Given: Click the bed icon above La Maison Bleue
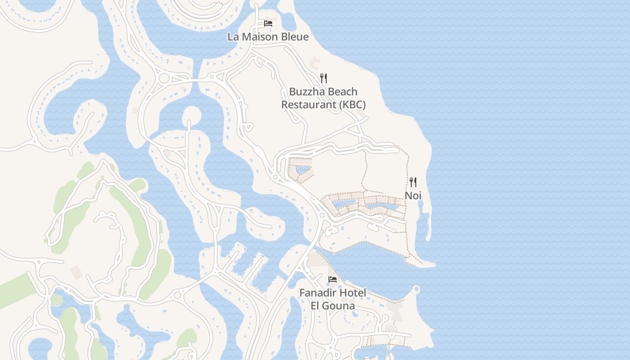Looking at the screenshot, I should click(x=268, y=23).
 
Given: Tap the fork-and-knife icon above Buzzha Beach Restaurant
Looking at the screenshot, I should click(x=323, y=78).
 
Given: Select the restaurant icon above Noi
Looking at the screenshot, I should click(x=413, y=182).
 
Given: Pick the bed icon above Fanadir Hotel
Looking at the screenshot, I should click(x=333, y=279).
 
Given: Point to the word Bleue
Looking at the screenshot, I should click(x=295, y=37).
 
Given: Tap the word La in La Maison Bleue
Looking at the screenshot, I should click(x=233, y=37).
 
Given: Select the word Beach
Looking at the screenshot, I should click(x=343, y=92).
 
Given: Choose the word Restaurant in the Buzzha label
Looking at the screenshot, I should click(x=303, y=105).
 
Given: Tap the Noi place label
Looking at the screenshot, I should click(x=413, y=195).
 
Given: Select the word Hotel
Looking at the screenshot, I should click(x=353, y=293).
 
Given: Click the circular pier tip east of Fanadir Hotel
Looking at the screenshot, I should click(x=416, y=288).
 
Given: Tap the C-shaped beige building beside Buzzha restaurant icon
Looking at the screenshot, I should click(x=314, y=61).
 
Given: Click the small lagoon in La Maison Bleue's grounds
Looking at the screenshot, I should click(x=287, y=21).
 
